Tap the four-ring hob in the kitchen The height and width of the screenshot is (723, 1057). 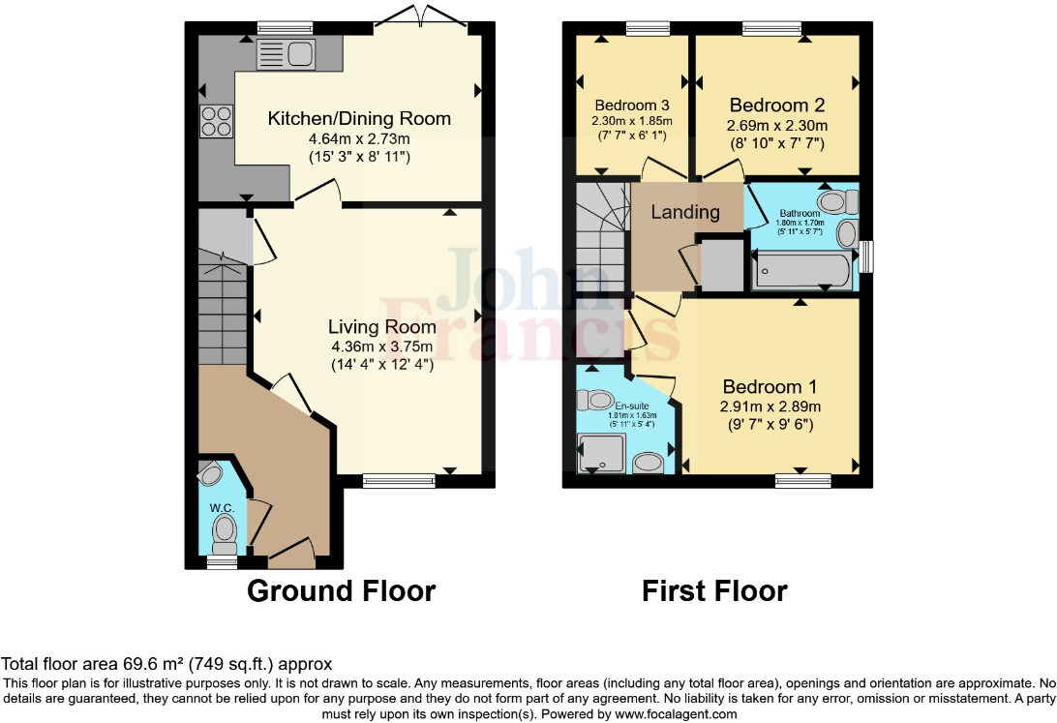pos(215,120)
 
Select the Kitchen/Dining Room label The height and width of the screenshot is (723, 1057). pos(359,119)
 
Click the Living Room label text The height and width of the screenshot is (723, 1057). pos(381,327)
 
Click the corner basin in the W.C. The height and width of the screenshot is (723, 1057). pos(210,473)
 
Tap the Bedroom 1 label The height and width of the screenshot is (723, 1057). pos(769,387)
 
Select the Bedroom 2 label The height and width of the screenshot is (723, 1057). pos(777,105)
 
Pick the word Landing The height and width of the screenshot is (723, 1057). pos(684,212)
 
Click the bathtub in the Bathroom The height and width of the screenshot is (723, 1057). pos(802,270)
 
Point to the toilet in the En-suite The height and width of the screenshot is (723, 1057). pos(594,400)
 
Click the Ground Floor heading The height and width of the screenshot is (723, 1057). pos(342,590)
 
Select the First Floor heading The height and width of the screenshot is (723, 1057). pos(714,590)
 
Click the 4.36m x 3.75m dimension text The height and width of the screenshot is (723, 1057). pos(381,346)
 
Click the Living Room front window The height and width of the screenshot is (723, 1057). pos(399,477)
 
